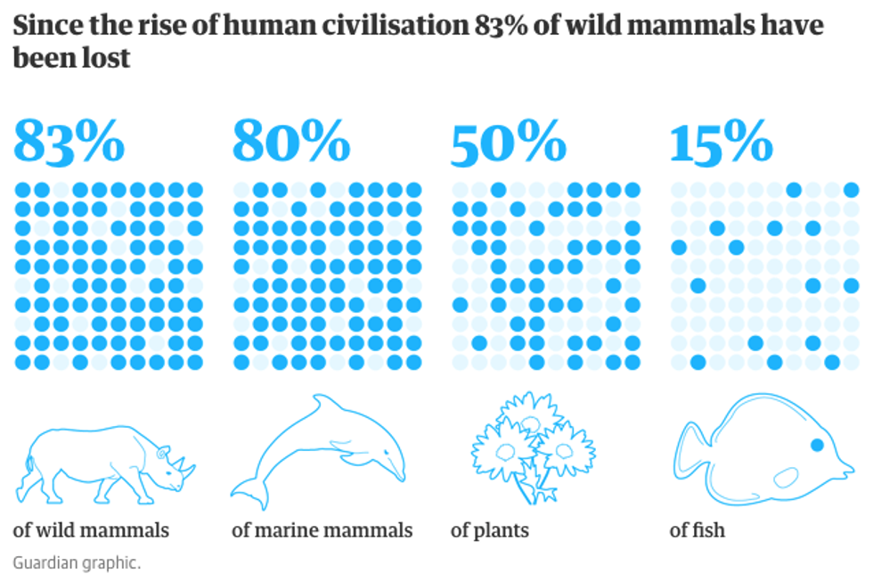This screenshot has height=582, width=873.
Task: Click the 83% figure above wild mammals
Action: click(69, 143)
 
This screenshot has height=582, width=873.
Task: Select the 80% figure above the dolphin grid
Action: click(290, 143)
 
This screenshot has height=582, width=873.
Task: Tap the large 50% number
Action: click(508, 143)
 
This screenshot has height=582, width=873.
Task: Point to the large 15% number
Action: click(721, 143)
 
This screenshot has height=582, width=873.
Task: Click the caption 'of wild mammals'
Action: click(91, 530)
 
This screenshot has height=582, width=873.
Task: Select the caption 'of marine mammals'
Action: click(322, 530)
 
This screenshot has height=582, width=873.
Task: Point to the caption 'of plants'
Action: click(489, 530)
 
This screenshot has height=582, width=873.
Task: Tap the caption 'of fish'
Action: click(697, 530)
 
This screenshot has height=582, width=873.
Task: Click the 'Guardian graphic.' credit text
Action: click(77, 562)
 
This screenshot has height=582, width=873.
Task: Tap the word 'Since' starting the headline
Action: click(40, 27)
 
